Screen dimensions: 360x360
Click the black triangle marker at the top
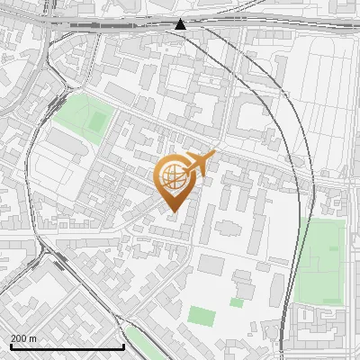coord(181,24)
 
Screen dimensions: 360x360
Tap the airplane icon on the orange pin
coord(200,163)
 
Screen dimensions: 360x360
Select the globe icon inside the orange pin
coord(173,177)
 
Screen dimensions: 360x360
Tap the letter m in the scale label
coord(33,338)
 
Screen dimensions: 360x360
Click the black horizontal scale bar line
coord(67,347)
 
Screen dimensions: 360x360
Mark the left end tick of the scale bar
coord(11,346)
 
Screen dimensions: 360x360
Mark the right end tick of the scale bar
coord(123,346)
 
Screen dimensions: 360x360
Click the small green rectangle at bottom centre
coord(202,316)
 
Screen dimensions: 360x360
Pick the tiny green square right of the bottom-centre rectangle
coord(236,302)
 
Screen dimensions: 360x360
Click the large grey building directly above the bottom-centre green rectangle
coord(211,265)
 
